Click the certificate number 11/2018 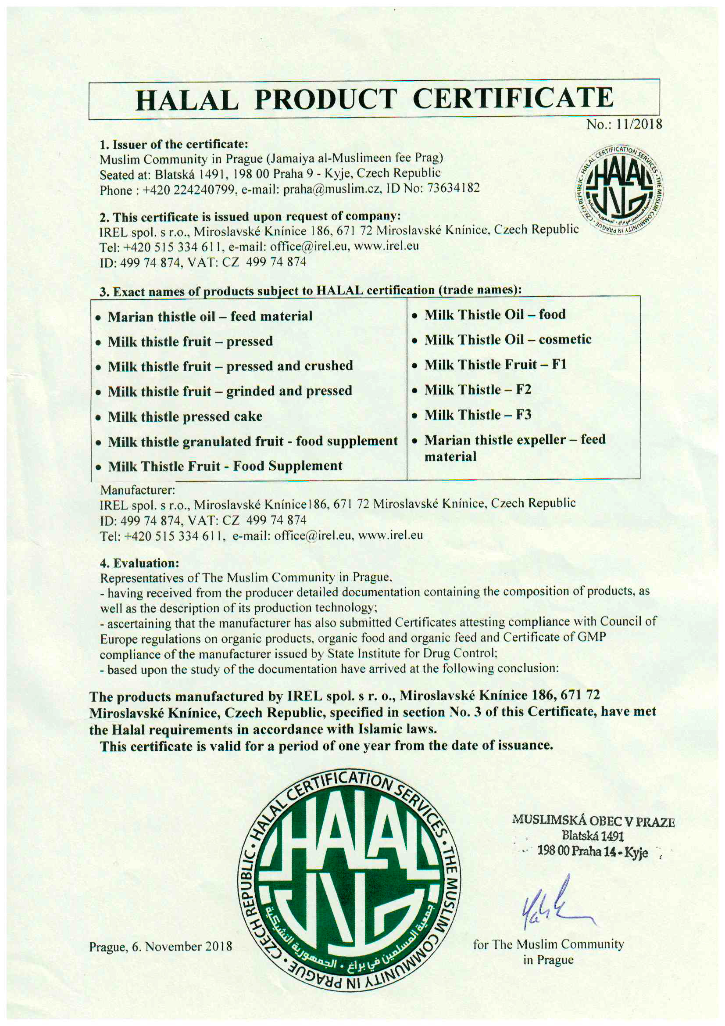pos(639,124)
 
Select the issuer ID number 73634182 pos(454,188)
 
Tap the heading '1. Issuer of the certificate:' pos(173,144)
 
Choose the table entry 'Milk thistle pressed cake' pos(185,416)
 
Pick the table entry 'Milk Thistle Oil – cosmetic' pos(507,340)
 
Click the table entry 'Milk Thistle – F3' pos(478,415)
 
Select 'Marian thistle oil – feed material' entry pos(210,316)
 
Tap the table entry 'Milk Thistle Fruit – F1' pos(495,365)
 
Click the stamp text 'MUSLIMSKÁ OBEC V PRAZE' pos(593,821)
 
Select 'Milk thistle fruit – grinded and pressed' pos(230,391)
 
